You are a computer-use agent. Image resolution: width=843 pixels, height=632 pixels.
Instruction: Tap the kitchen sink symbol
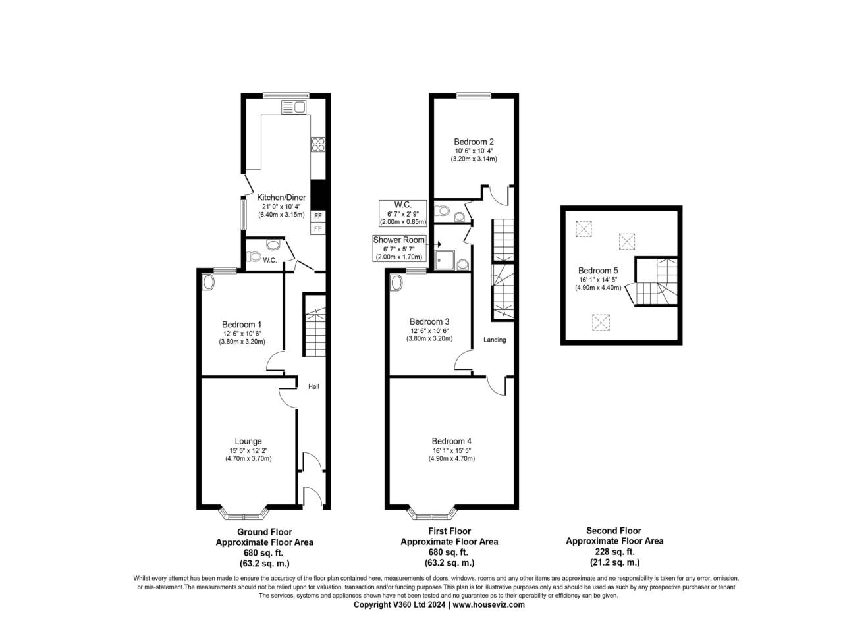click(x=294, y=107)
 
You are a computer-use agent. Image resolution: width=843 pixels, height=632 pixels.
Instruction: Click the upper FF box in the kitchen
click(x=317, y=216)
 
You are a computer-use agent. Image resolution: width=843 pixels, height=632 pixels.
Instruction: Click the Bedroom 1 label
click(x=242, y=325)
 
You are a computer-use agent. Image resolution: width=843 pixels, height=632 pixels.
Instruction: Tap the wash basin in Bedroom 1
click(x=209, y=282)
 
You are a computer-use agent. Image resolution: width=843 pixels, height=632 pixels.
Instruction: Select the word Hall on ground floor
click(x=313, y=386)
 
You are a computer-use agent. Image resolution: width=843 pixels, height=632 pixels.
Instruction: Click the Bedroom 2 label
click(x=474, y=142)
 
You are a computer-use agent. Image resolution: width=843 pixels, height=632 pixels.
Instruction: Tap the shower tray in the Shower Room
click(x=444, y=262)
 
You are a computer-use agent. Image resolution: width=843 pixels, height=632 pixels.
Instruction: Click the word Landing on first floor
click(x=495, y=340)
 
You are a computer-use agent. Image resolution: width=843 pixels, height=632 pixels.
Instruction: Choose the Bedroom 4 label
click(x=451, y=441)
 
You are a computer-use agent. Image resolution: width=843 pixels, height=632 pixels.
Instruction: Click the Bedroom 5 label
click(x=598, y=271)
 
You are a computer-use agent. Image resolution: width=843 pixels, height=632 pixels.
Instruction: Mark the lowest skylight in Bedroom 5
click(x=599, y=322)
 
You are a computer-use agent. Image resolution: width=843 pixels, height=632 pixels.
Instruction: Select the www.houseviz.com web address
click(x=489, y=604)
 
